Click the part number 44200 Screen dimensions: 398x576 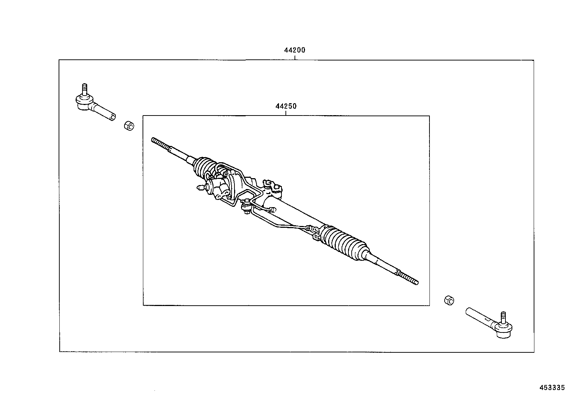[295, 50]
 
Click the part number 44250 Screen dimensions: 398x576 [286, 106]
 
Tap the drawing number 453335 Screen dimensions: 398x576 [552, 387]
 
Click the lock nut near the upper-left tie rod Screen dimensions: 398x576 [129, 126]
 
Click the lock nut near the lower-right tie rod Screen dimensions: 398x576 [449, 300]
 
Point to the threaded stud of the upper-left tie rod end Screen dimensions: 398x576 [84, 89]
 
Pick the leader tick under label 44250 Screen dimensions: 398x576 [286, 113]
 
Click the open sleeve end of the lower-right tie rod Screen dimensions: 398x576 [468, 311]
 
